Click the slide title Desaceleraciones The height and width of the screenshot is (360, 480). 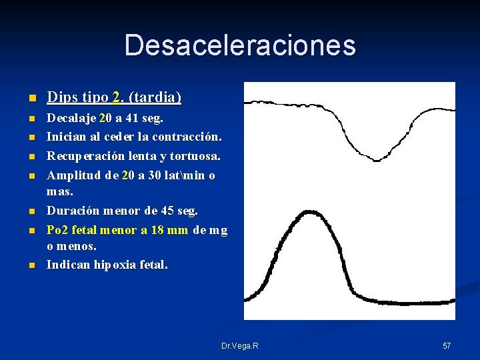point(240,45)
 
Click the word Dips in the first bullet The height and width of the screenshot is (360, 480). point(60,97)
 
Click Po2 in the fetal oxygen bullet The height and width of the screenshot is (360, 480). point(57,230)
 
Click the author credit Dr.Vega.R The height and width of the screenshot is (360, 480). point(240,346)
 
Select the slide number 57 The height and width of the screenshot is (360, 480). point(447,346)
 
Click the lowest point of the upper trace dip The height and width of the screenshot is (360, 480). point(377,160)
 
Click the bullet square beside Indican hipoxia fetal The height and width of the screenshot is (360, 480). point(30,265)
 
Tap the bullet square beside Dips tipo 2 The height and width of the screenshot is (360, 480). point(30,99)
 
